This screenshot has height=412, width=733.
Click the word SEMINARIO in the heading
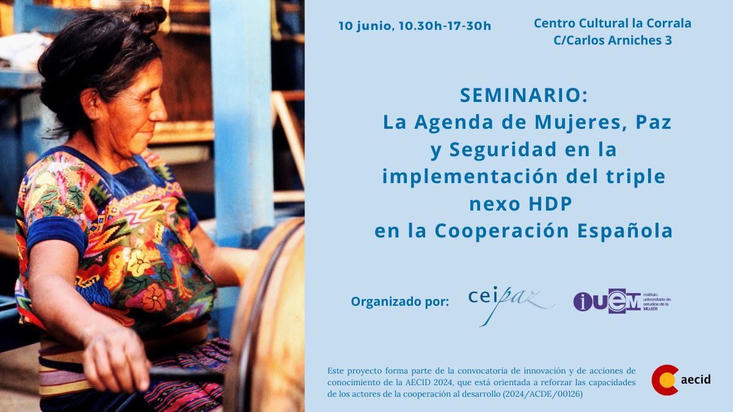(x=520, y=95)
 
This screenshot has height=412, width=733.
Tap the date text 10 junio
(x=366, y=26)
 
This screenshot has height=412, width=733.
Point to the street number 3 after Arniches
(x=668, y=40)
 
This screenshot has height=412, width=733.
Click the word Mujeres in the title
(x=580, y=123)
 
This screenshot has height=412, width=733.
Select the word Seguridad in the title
(x=503, y=150)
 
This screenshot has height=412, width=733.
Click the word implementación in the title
(x=470, y=177)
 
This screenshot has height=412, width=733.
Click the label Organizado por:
(x=400, y=302)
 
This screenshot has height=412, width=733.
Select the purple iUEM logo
(x=622, y=301)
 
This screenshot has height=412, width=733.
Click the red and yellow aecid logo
(x=680, y=380)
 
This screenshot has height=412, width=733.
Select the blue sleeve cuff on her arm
(x=56, y=234)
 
